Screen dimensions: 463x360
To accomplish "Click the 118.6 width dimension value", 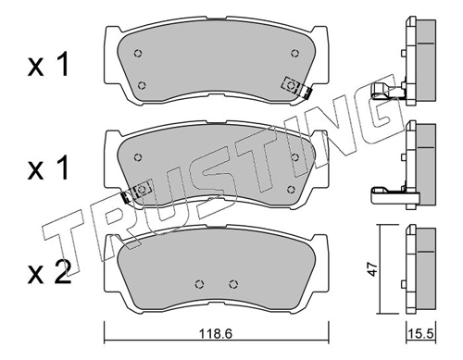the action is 215,333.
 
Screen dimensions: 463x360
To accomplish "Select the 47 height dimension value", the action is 373,269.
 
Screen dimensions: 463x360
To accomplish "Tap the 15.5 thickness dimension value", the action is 421,333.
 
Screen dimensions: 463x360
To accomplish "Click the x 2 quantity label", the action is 50,272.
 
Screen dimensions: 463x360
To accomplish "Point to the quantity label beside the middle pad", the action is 48,168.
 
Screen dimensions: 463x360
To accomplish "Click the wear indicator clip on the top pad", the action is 296,87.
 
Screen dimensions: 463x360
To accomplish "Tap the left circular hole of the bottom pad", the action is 200,284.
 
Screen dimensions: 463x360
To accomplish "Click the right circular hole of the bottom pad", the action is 234,284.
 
